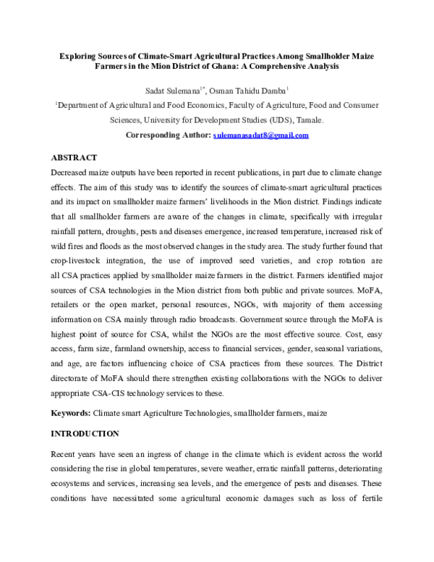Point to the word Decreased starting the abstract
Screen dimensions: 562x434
(71, 176)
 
